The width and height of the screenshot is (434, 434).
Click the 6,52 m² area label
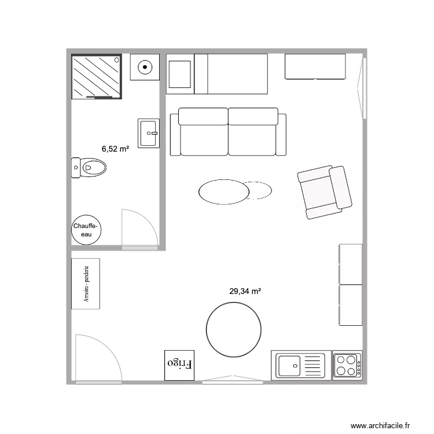click(115, 149)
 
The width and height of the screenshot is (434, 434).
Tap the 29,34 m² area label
click(245, 292)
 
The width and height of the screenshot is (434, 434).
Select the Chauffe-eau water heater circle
click(86, 230)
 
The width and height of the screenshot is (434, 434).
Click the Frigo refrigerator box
click(179, 365)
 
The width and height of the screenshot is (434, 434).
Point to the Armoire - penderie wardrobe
click(86, 284)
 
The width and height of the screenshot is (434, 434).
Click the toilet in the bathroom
click(90, 167)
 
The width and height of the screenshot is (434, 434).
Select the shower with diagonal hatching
click(97, 76)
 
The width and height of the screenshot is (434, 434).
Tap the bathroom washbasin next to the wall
click(148, 133)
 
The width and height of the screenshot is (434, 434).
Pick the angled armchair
click(325, 192)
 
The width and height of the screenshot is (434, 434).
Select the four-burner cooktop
click(347, 365)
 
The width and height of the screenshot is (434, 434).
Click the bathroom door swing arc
click(139, 229)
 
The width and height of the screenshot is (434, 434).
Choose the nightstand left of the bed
click(180, 73)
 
